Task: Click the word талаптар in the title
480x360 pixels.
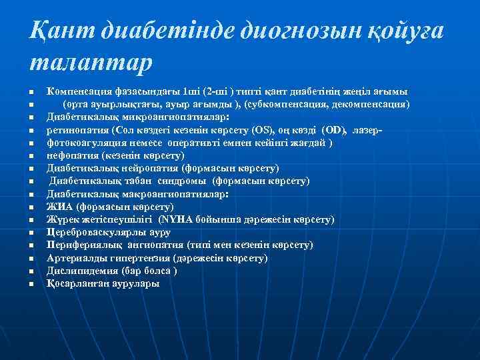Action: [91, 63]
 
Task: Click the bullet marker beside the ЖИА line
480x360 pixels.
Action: [31, 207]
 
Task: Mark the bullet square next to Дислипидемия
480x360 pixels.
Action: [31, 271]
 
